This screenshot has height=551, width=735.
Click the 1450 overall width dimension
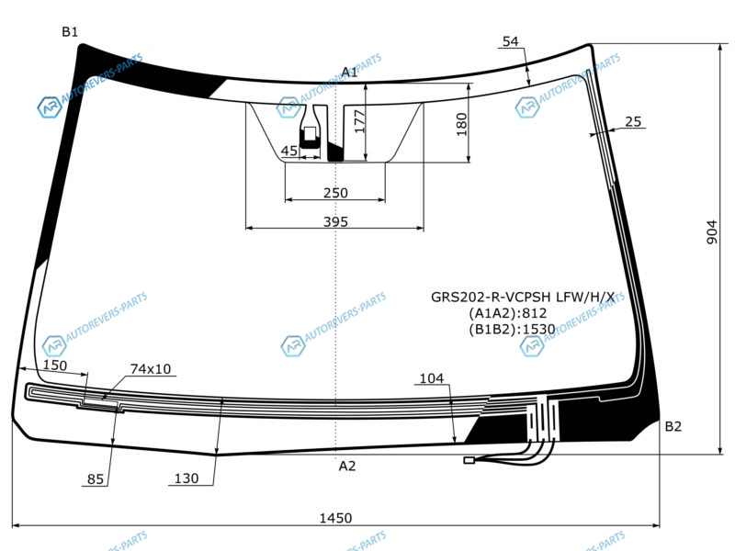coord(335,518)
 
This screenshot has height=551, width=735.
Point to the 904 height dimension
coord(711,232)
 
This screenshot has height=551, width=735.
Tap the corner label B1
coord(70,32)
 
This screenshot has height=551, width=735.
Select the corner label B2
coord(673,426)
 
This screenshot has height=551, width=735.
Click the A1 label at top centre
coord(349,73)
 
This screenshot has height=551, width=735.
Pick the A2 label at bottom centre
coord(347,466)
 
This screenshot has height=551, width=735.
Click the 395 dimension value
coord(335,221)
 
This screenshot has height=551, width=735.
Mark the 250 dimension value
coord(335,193)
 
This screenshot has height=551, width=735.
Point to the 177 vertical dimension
coord(359,121)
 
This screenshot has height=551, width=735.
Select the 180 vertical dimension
coord(462,124)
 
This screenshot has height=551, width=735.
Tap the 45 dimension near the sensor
coord(288,151)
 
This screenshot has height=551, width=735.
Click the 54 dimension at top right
coord(511,41)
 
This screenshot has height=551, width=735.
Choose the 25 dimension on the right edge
coord(633,121)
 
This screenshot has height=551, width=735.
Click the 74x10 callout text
coord(151,369)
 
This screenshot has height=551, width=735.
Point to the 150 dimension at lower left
coord(55,365)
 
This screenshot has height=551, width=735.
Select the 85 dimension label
coord(96,478)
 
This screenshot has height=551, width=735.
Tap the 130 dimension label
coord(187,478)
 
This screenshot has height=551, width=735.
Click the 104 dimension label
coord(431,378)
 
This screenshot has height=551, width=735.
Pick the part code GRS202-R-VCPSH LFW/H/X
coord(523,297)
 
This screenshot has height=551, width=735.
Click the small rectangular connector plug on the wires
coord(469,460)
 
